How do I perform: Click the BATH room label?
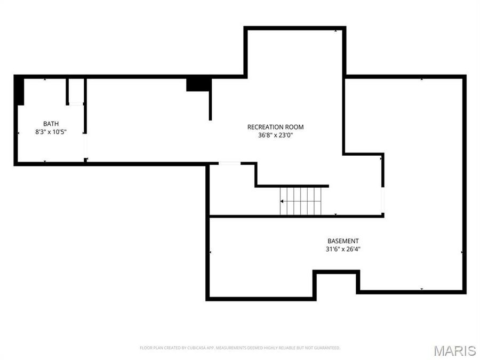(51, 124)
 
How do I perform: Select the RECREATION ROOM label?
(275, 127)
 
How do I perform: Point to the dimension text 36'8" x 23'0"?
(275, 135)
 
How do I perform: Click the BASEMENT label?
(343, 241)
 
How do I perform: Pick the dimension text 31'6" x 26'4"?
(343, 249)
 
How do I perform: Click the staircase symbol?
(302, 201)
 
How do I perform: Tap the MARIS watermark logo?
(454, 350)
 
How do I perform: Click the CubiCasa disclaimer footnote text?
(239, 348)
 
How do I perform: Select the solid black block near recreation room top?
(198, 84)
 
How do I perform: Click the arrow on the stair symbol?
(283, 201)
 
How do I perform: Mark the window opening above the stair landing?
(229, 163)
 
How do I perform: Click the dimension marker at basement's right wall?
(462, 252)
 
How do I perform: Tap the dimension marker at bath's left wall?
(19, 132)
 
